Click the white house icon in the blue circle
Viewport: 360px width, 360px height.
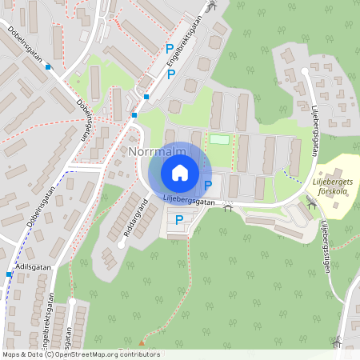pyautogui.click(x=180, y=173)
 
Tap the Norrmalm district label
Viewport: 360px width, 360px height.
pyautogui.click(x=156, y=150)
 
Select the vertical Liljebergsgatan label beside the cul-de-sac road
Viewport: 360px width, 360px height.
pyautogui.click(x=315, y=133)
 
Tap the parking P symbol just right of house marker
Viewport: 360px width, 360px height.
pyautogui.click(x=208, y=186)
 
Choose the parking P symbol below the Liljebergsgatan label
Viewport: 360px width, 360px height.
pyautogui.click(x=179, y=220)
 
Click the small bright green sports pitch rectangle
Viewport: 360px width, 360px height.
pyautogui.click(x=219, y=140)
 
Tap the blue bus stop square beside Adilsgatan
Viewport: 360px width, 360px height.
pyautogui.click(x=9, y=274)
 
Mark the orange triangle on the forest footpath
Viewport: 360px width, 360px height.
pyautogui.click(x=142, y=342)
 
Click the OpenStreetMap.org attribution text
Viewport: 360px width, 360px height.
pyautogui.click(x=94, y=354)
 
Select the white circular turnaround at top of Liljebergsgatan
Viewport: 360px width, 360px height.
pyautogui.click(x=305, y=72)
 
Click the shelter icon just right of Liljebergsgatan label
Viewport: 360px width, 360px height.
pyautogui.click(x=229, y=208)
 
